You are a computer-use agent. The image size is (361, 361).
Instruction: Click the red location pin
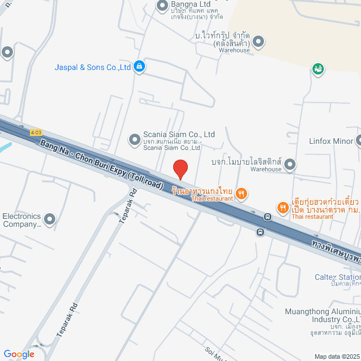[x=180, y=169]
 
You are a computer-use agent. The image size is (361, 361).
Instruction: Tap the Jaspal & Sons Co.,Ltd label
[x=93, y=67]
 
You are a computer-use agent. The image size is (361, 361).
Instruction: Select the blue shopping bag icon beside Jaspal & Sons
[x=140, y=67]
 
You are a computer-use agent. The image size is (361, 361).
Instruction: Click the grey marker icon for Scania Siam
[x=134, y=138]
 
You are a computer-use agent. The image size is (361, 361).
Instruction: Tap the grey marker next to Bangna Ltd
[x=162, y=6]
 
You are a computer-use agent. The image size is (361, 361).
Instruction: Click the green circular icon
[x=318, y=69]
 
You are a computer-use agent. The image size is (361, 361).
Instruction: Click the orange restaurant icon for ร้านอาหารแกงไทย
[x=241, y=194]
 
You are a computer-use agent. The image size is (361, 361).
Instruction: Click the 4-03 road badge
[x=36, y=133]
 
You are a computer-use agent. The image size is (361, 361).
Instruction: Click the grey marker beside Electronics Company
[x=50, y=219]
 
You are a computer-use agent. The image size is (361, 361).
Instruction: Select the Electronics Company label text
[x=21, y=220]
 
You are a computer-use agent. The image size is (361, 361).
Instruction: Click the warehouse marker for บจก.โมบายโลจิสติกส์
[x=290, y=165]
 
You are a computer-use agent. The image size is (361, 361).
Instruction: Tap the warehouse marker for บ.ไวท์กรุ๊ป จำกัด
[x=258, y=41]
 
